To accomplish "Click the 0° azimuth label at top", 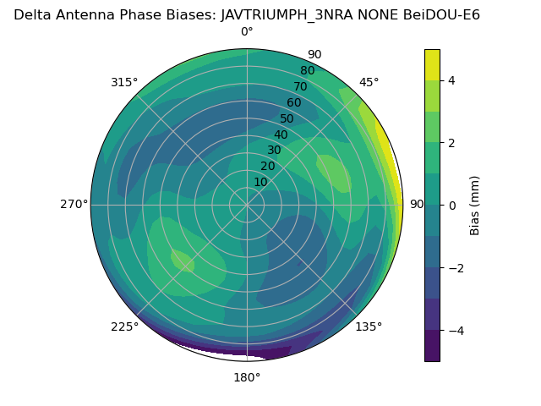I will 247,32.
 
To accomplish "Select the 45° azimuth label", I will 369,83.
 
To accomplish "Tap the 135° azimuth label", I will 369,326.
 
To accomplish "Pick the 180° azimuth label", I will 247,377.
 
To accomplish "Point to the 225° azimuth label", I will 124,326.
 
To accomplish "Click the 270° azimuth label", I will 74,205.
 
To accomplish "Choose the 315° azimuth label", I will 124,83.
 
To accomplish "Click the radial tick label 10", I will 260,182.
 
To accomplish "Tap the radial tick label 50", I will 287,119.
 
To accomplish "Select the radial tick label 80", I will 307,71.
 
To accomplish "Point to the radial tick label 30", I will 274,151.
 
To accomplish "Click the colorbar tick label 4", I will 451,80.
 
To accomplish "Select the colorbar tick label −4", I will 455,330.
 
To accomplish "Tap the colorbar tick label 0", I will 451,206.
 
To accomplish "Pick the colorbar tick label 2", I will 451,143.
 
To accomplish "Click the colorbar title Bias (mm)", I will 475,206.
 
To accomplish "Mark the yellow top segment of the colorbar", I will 432,65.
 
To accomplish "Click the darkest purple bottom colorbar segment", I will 432,346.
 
